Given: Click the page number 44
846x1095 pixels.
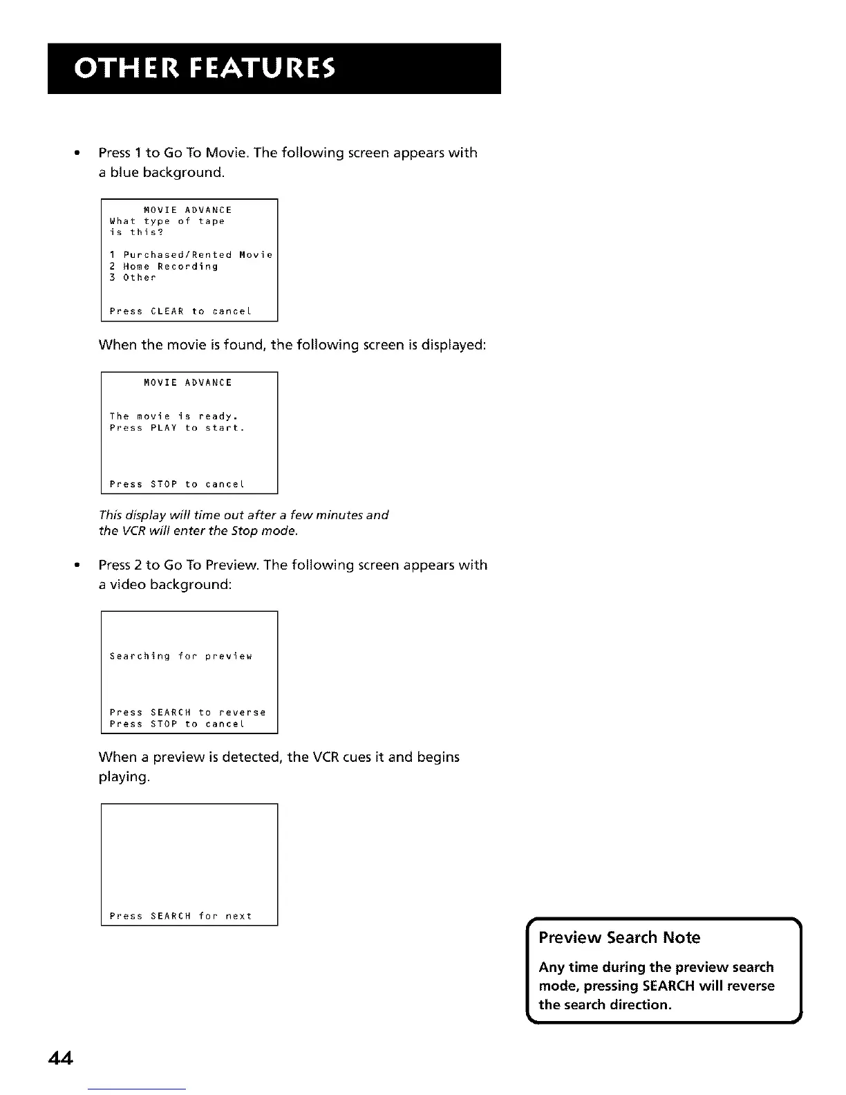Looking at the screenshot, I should (61, 1058).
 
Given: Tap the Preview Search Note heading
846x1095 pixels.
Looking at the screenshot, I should (619, 937).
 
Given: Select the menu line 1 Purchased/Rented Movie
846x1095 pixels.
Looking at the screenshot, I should (191, 255).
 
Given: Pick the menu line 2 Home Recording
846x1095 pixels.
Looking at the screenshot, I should (164, 266).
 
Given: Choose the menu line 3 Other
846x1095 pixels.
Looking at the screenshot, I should (133, 278).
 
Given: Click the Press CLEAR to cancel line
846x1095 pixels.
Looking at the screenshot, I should (180, 312).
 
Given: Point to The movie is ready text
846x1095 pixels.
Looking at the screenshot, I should (173, 416).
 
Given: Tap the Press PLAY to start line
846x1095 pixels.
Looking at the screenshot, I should (177, 428).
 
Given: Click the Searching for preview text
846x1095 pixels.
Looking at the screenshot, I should (181, 656).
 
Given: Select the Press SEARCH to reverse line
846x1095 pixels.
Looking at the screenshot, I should (187, 713).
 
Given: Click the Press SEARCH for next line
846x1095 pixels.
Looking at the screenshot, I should (180, 917).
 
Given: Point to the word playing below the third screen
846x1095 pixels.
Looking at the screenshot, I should (124, 777).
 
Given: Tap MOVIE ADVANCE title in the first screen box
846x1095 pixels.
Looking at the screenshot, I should (187, 210).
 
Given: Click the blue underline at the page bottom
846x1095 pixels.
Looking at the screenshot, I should (137, 1089).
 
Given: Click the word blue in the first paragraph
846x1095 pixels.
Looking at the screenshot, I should (124, 172).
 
